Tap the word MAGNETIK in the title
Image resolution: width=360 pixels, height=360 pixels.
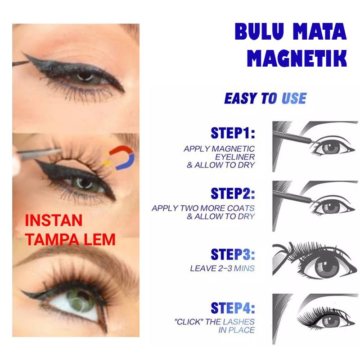click(297, 58)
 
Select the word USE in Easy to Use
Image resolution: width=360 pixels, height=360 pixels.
click(294, 99)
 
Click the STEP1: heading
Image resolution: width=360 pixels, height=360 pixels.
click(233, 133)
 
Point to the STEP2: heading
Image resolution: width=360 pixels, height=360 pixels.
click(233, 193)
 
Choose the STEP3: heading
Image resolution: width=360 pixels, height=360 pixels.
click(233, 254)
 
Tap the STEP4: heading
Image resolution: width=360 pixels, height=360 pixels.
click(233, 308)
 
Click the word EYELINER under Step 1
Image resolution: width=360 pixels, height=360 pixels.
click(235, 157)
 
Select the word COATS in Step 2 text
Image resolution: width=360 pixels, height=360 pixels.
click(241, 208)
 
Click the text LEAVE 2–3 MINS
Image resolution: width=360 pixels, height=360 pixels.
click(222, 268)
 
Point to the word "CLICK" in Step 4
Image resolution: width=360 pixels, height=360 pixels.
click(189, 322)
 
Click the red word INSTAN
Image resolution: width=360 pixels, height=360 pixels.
click(54, 220)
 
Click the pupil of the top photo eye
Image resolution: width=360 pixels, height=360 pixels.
click(85, 76)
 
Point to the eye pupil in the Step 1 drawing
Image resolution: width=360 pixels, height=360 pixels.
click(331, 147)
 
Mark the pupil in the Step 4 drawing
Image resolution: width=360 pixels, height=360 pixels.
click(331, 320)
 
